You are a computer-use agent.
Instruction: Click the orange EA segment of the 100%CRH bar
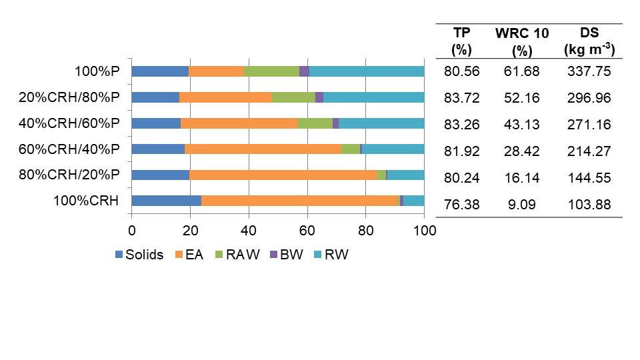(300, 201)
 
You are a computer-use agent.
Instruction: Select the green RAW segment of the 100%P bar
(271, 71)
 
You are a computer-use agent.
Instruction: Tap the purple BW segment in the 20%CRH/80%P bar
(319, 97)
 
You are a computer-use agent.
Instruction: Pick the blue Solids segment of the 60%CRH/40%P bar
(158, 149)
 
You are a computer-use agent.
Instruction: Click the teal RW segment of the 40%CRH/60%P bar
(381, 123)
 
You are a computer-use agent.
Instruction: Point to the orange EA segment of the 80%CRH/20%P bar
(283, 175)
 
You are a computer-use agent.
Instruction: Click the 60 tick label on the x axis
(307, 231)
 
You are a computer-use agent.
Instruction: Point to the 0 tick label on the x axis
(132, 231)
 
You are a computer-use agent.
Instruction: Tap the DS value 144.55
(589, 178)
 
